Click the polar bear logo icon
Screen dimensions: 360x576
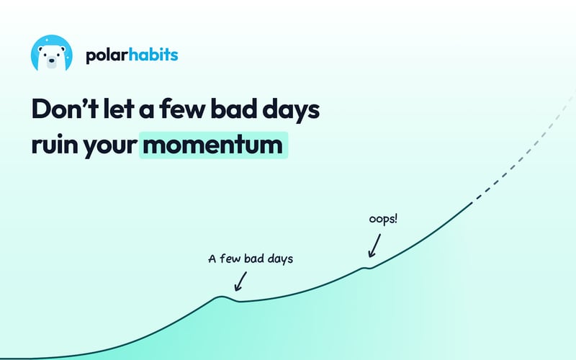[x=52, y=53]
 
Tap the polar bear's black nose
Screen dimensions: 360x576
[x=52, y=61]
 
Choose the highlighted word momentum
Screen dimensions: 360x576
[x=213, y=145]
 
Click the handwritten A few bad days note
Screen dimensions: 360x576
[x=251, y=258]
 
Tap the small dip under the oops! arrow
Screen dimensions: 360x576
[x=368, y=268]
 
